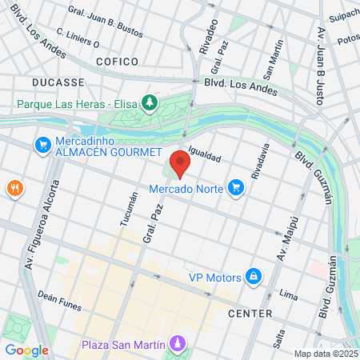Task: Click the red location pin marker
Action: pyautogui.click(x=180, y=163)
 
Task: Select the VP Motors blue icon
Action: pyautogui.click(x=254, y=277)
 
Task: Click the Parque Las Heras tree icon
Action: pyautogui.click(x=148, y=102)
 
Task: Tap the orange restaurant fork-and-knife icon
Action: pyautogui.click(x=14, y=189)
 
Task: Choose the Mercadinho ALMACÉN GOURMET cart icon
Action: pyautogui.click(x=42, y=145)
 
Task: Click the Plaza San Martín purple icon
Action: pyautogui.click(x=178, y=344)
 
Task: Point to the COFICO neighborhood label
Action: pyautogui.click(x=118, y=61)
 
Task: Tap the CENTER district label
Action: pyautogui.click(x=250, y=313)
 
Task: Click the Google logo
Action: pyautogui.click(x=26, y=350)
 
